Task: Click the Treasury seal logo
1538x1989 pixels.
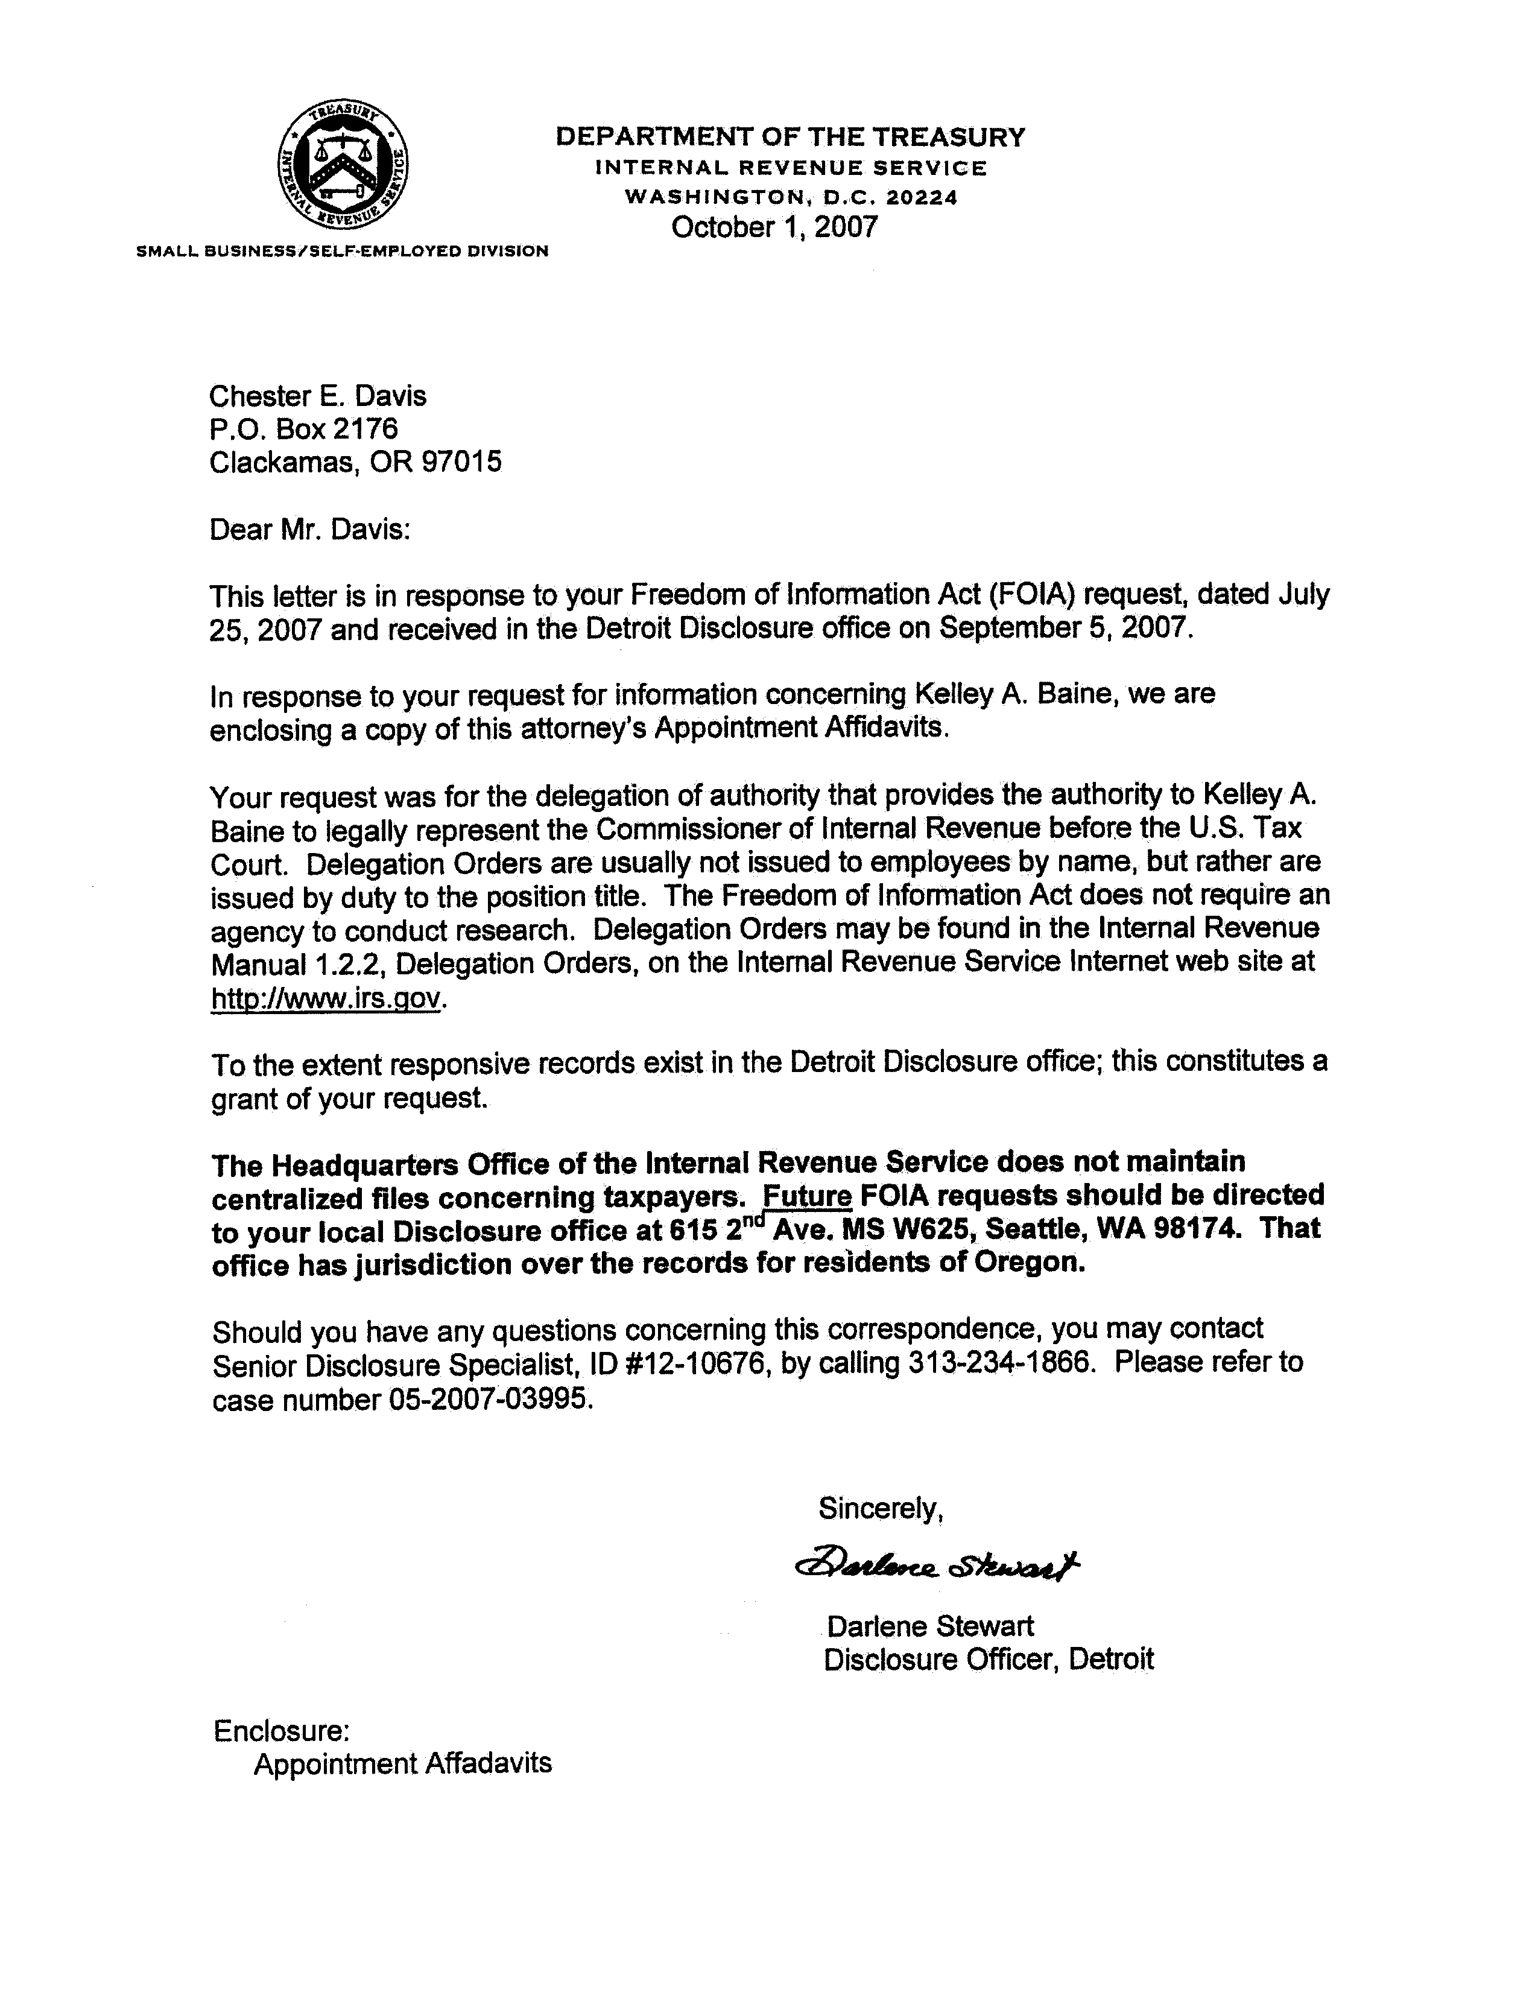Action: point(343,165)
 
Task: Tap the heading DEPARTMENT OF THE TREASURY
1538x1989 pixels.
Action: point(790,138)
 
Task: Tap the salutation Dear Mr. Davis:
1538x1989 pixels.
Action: point(309,529)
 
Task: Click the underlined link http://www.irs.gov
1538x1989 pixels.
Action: point(326,998)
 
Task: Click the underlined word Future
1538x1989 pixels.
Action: point(807,1195)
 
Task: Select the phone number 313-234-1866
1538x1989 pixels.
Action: point(1001,1362)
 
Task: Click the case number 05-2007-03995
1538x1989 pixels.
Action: point(491,1398)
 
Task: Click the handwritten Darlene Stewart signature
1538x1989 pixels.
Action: point(937,1566)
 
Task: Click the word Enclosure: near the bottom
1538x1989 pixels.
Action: point(282,1730)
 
